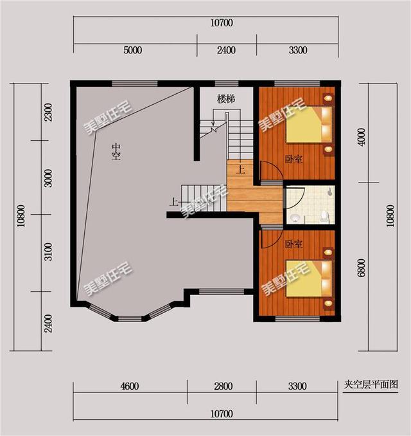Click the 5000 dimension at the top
click(x=132, y=51)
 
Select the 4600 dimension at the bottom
click(x=128, y=386)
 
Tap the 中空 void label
click(x=116, y=151)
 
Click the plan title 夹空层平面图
click(x=371, y=385)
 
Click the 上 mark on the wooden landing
click(x=240, y=171)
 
